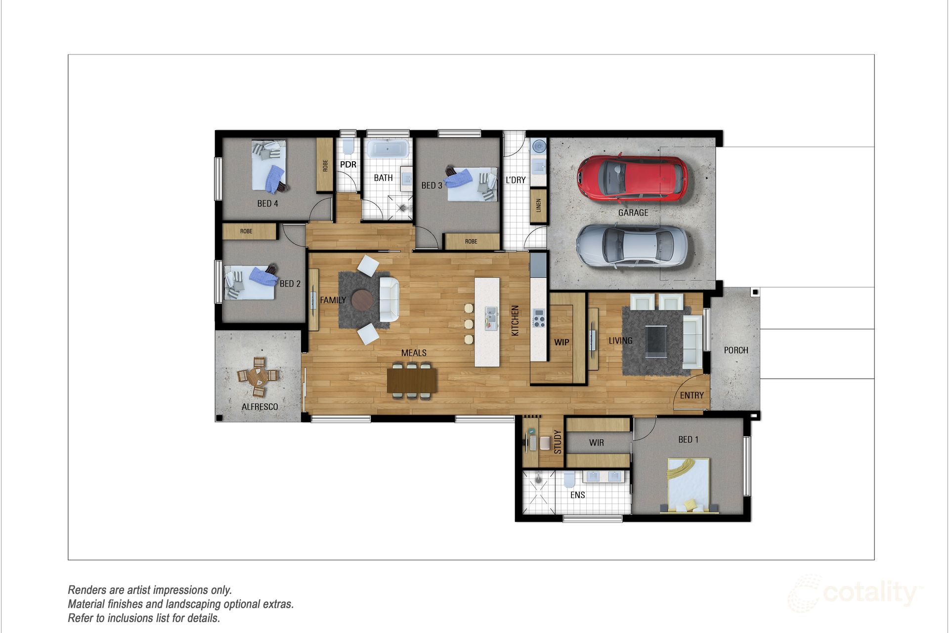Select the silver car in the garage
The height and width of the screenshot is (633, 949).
click(x=632, y=246)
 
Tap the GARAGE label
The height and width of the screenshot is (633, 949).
click(x=633, y=213)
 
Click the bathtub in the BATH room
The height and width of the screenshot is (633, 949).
click(x=388, y=148)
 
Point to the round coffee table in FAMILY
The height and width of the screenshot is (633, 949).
click(x=362, y=300)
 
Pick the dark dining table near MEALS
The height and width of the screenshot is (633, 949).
click(x=412, y=380)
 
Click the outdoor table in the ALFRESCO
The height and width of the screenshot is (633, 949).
click(x=258, y=377)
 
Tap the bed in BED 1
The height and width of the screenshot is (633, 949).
click(x=689, y=485)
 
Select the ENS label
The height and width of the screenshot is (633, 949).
click(x=577, y=495)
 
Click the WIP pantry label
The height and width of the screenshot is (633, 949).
click(x=561, y=342)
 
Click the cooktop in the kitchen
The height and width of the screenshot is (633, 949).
click(x=539, y=318)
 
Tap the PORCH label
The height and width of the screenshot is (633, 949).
click(x=736, y=350)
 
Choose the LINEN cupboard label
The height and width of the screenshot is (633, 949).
click(x=538, y=205)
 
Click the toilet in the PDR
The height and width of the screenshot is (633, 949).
click(x=348, y=146)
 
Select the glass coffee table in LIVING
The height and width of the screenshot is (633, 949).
click(x=656, y=341)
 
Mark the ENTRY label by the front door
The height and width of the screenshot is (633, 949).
click(x=691, y=396)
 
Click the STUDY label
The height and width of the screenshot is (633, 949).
click(x=558, y=442)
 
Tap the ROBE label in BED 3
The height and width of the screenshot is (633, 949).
click(x=471, y=241)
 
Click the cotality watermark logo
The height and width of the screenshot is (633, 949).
click(x=855, y=593)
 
